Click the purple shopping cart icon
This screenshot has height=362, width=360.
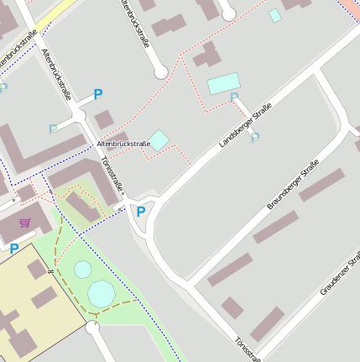pos(25,223)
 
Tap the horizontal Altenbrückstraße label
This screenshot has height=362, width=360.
pos(123,144)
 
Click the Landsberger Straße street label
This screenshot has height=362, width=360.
pos(245,126)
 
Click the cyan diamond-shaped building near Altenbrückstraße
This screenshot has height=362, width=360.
pos(159,139)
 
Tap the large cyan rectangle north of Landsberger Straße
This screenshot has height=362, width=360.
pos(223,83)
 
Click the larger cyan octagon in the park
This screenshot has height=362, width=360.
pos(102,293)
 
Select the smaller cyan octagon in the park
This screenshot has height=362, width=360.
pos(82,269)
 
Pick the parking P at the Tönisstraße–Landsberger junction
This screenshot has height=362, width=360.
pos(141,212)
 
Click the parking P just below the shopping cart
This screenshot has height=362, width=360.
pos(14,249)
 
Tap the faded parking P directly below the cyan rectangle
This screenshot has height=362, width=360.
pos(234,98)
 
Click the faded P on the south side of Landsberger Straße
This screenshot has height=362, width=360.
pos(255,137)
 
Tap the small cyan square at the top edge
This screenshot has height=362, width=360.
pos(275,15)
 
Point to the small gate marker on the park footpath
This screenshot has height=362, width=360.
pos(51,272)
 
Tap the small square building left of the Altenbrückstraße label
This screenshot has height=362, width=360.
pos(103,120)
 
